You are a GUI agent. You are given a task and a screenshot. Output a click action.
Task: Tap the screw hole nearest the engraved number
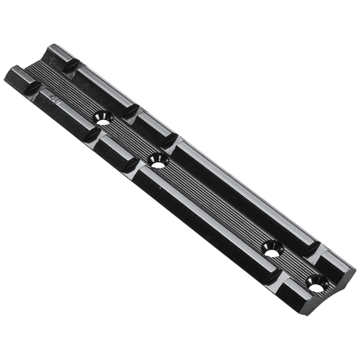pyautogui.click(x=102, y=117)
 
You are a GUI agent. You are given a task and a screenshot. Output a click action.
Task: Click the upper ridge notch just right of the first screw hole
pyautogui.click(x=131, y=111)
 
